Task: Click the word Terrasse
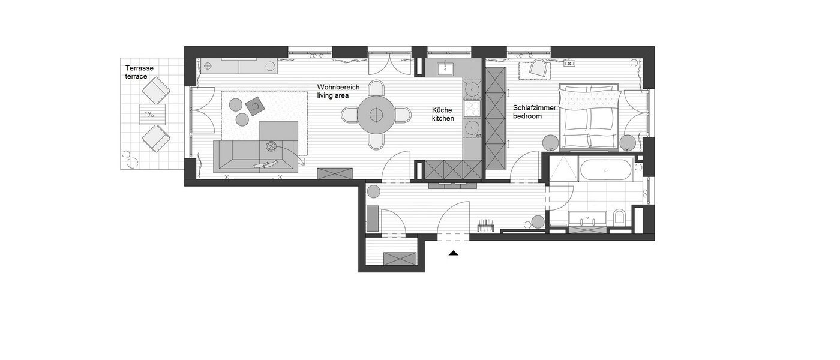(139, 68)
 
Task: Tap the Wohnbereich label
(338, 87)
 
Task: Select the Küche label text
(442, 110)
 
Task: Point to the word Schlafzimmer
(535, 107)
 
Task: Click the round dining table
(376, 115)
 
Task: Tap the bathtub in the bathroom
(605, 170)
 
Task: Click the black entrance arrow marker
(454, 253)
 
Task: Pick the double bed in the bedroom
(589, 117)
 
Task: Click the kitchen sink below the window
(445, 68)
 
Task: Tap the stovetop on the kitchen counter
(472, 109)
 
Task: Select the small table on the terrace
(152, 115)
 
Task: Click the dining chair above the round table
(376, 88)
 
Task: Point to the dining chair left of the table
(349, 115)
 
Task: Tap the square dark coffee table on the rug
(255, 106)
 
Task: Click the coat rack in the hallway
(487, 226)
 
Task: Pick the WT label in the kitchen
(478, 136)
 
